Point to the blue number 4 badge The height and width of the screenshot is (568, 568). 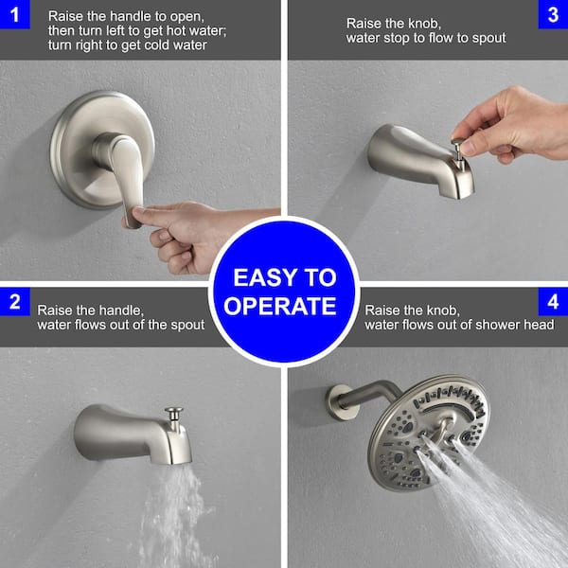click(x=552, y=303)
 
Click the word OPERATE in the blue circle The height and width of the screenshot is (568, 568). click(x=285, y=307)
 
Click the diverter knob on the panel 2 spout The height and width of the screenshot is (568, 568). click(x=173, y=416)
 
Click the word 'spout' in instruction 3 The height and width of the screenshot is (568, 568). click(x=484, y=38)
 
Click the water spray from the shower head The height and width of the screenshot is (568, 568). click(x=502, y=511)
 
